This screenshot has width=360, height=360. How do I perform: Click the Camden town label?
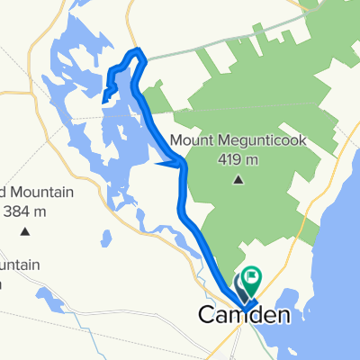pos(245,316)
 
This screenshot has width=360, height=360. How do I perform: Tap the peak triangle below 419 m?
pos(238,180)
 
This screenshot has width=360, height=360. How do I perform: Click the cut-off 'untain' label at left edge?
pos(13,264)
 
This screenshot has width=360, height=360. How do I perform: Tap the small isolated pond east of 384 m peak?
pos(106,241)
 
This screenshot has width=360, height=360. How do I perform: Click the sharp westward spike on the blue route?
pos(159,164)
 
